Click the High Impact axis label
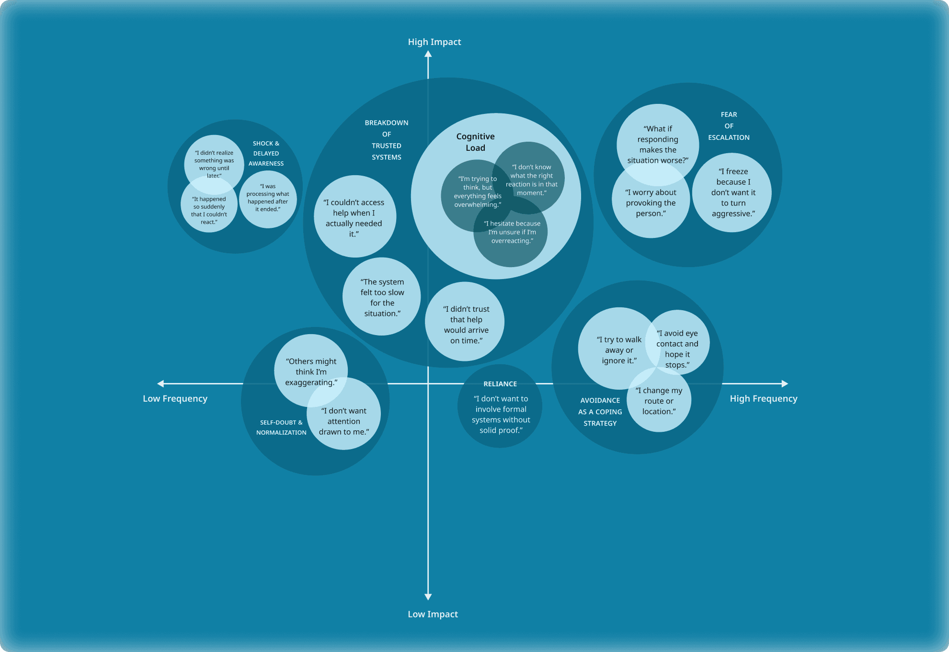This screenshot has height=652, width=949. coord(434,42)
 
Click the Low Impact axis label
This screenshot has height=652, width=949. coord(433,614)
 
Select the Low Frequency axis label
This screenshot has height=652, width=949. coord(175,399)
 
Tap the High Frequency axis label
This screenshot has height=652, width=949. coord(763,399)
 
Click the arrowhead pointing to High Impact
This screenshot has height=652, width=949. coord(428,55)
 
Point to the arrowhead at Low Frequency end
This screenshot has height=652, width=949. coord(161,383)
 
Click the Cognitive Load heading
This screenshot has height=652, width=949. coord(475,142)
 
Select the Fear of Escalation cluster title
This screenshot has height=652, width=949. coord(729,126)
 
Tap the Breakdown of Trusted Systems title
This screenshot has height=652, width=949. coord(387,140)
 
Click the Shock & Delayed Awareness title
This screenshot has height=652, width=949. coord(266,153)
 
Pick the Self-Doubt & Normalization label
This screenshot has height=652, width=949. coord(281,427)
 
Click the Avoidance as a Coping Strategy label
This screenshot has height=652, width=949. coord(600,412)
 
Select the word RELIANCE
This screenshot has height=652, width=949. coord(500,384)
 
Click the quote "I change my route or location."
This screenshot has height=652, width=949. coord(659,401)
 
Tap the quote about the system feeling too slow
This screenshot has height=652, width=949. coord(382,298)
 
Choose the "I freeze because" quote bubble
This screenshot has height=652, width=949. coord(733,192)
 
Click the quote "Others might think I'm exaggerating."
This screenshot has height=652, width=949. coord(311,372)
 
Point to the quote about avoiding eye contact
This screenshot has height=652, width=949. coord(677,349)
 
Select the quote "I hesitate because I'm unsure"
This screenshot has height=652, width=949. coord(512,232)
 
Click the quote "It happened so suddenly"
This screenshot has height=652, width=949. coord(209,211)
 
